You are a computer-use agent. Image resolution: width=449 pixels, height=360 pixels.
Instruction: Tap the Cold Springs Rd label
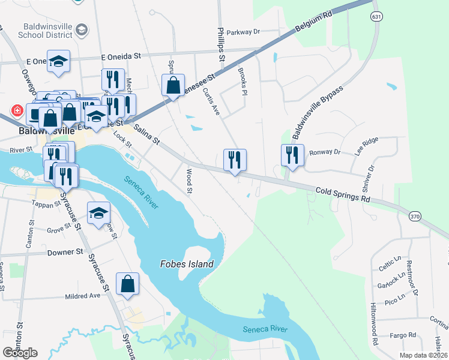[341, 194]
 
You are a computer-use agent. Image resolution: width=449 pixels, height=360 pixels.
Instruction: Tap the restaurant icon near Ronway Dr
[292, 155]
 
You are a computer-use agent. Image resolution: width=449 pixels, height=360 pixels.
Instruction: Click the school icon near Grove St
[99, 213]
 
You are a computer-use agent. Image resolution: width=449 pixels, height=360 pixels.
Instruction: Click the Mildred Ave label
[82, 296]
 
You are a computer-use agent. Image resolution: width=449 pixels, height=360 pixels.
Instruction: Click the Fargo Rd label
[403, 335]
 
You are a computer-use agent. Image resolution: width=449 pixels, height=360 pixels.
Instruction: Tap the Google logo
[20, 353]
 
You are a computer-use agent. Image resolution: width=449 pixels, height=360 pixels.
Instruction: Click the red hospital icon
[17, 112]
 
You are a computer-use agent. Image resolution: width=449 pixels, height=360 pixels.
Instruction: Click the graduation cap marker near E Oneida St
[58, 61]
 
